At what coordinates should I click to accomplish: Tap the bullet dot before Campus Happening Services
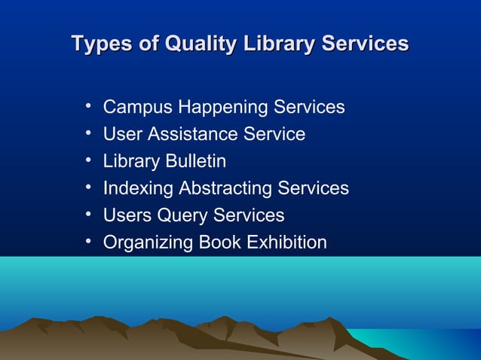[89, 106]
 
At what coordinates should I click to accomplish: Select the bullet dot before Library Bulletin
[89, 160]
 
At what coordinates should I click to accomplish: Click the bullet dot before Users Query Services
[89, 215]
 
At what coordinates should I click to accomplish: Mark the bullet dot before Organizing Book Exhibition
[89, 242]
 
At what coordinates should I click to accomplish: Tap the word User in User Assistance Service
[123, 135]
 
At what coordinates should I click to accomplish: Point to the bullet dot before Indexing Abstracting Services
[89, 188]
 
